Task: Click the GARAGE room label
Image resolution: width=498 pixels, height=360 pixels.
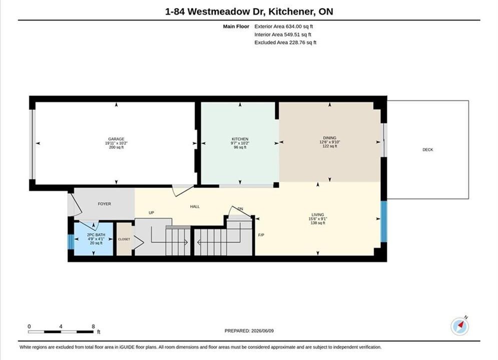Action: pos(116,139)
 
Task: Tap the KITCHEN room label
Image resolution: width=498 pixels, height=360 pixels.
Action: pos(240,139)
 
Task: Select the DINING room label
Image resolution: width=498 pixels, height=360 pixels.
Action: pos(329,137)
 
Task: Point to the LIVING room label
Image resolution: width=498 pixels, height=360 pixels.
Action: pos(318,214)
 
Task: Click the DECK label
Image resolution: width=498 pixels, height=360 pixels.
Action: pos(427,149)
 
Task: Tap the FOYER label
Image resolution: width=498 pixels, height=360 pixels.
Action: pos(105,204)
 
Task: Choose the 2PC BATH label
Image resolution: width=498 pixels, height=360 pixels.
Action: pos(96,234)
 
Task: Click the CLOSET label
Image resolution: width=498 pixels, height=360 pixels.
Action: pos(124,239)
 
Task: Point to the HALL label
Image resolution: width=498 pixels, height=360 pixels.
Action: pos(195,206)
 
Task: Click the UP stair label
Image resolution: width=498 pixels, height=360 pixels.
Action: pos(152,212)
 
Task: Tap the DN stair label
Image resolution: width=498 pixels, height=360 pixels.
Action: pos(240,208)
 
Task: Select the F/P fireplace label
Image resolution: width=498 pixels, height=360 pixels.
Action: pos(261,235)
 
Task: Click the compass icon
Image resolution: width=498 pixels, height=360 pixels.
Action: pos(459,325)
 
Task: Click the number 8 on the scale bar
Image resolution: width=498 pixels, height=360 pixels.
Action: pos(93,326)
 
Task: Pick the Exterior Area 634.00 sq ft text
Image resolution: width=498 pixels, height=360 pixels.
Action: pos(284,26)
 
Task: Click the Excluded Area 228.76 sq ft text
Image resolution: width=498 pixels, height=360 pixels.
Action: pos(285,42)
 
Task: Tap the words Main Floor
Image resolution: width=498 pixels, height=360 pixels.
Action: pos(236,26)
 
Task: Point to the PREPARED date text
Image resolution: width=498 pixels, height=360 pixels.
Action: pos(249,331)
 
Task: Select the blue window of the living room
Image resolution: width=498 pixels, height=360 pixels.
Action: pos(384,221)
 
